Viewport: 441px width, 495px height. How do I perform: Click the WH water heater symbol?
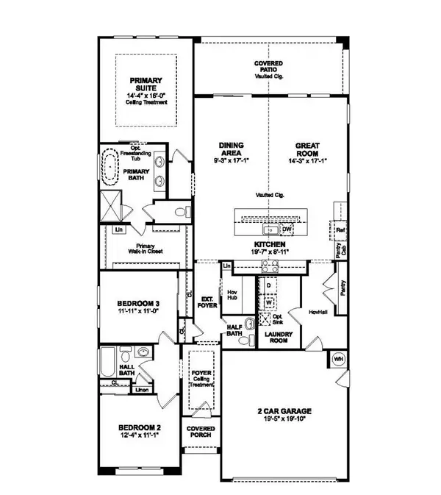(x=339, y=358)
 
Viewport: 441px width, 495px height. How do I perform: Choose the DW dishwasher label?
(x=288, y=229)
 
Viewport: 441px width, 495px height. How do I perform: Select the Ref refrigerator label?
(x=340, y=230)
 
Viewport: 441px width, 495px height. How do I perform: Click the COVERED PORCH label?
(x=200, y=432)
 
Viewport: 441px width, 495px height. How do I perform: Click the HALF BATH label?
(x=235, y=331)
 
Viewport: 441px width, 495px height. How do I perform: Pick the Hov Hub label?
(x=235, y=291)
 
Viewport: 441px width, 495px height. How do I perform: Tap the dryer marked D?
(x=270, y=285)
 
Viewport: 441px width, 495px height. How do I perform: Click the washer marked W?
(x=270, y=301)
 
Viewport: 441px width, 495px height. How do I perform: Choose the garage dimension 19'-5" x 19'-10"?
(x=276, y=420)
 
